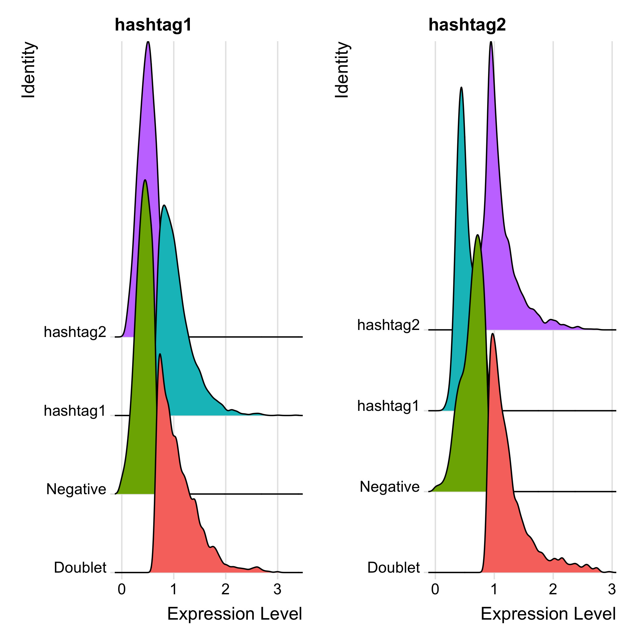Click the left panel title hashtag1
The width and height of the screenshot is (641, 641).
(x=153, y=25)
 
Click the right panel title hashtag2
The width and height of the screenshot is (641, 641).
(x=467, y=25)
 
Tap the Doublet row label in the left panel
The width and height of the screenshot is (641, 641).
(x=80, y=567)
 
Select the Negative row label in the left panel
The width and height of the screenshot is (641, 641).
(x=76, y=489)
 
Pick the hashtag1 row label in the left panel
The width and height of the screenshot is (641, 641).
(x=75, y=411)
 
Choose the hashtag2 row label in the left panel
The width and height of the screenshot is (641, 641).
(x=75, y=332)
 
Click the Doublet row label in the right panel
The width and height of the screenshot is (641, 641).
(x=393, y=567)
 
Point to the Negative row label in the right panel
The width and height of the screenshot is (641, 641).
(x=389, y=487)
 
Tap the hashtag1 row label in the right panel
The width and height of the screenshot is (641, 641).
(x=388, y=406)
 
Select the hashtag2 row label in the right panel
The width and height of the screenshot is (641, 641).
(x=388, y=325)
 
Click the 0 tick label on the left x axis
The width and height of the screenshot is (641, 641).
(x=122, y=589)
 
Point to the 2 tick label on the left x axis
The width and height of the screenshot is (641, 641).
(x=226, y=589)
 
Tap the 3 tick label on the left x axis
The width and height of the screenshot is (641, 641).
(x=277, y=589)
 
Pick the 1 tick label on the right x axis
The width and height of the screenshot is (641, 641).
(x=494, y=589)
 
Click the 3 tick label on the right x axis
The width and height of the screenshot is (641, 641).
(x=612, y=589)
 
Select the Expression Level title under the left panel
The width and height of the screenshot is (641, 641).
(x=234, y=614)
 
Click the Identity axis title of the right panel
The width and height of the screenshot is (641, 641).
(x=342, y=70)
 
